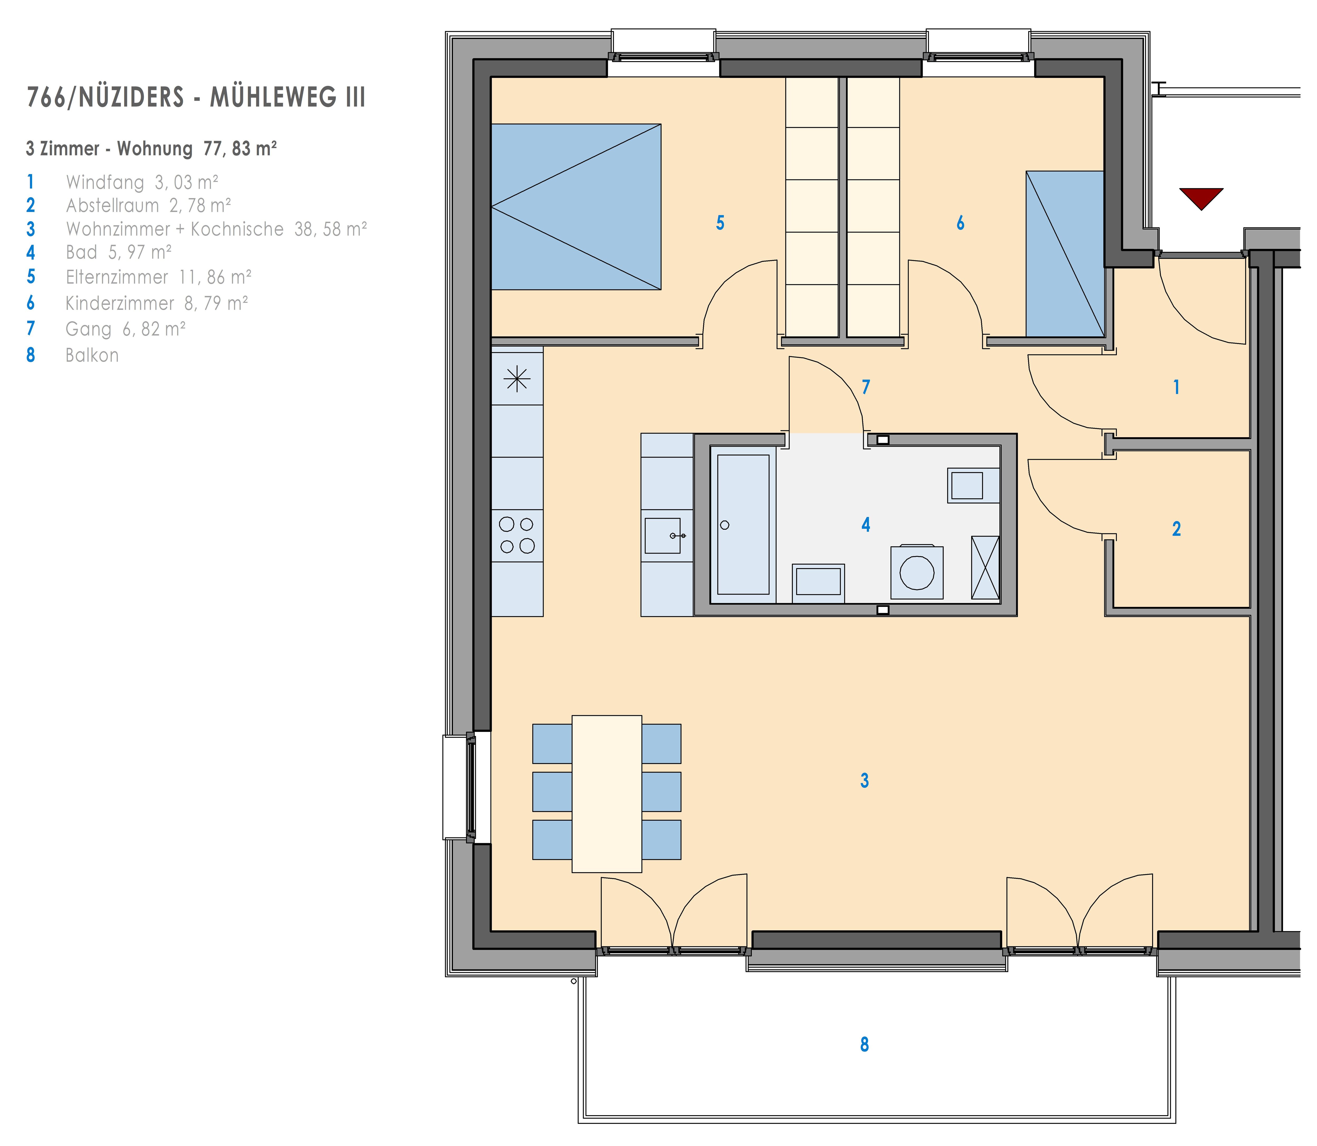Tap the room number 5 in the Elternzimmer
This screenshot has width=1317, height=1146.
click(x=720, y=223)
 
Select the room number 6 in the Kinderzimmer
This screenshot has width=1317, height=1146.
click(x=960, y=223)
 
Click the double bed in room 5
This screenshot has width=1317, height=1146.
click(x=576, y=206)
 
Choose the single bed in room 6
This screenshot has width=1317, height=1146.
click(x=1065, y=254)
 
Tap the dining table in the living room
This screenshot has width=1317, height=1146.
click(x=606, y=794)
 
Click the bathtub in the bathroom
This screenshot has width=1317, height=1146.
click(x=743, y=524)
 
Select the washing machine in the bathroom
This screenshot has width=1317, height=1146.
click(x=917, y=572)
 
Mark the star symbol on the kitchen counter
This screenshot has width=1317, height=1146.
click(x=517, y=380)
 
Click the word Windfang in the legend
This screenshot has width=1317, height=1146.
click(x=105, y=183)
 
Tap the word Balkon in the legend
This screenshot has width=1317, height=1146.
click(x=92, y=356)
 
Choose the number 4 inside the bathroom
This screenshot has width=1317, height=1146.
click(x=866, y=525)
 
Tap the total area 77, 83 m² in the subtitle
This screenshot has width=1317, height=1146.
click(x=240, y=148)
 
